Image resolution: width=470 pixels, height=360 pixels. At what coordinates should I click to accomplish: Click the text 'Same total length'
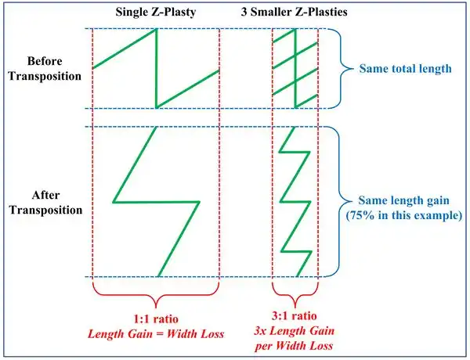coord(405,69)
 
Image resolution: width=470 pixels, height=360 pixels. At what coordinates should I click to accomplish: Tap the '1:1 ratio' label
coord(156,320)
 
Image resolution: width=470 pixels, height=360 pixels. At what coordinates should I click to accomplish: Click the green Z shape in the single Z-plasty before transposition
coord(156,69)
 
